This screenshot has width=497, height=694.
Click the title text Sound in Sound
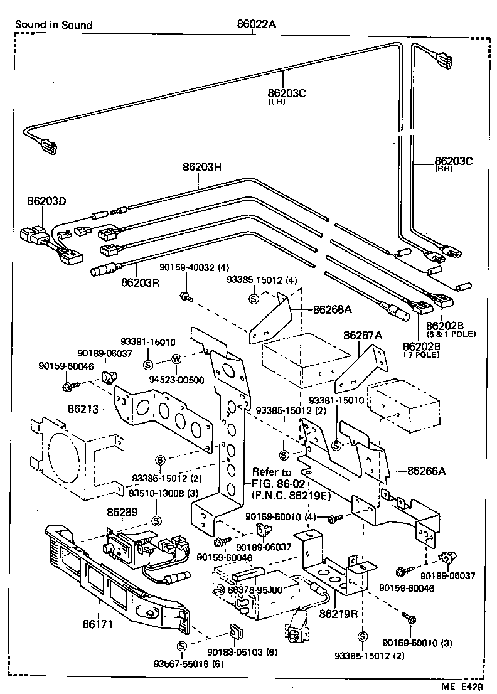click(x=53, y=25)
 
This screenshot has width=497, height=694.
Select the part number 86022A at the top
click(x=257, y=24)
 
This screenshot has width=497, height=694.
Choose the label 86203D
click(x=46, y=201)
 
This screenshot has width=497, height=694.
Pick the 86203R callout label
click(x=141, y=282)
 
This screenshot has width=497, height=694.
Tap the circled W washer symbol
click(x=176, y=359)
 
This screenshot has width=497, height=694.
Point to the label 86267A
click(x=362, y=336)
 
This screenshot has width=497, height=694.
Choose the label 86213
click(x=83, y=409)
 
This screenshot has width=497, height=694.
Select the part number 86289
click(x=122, y=511)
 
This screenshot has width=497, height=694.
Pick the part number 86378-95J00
click(x=255, y=590)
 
